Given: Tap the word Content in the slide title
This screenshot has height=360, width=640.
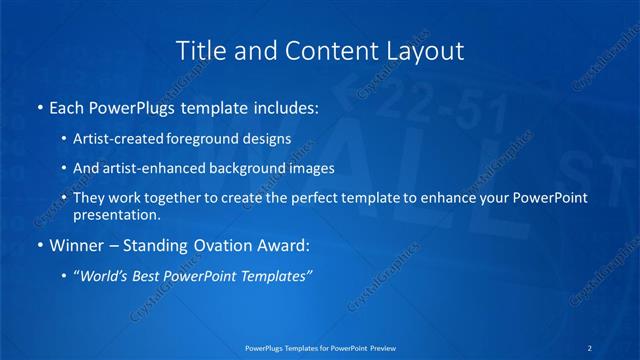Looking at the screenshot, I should (321, 49).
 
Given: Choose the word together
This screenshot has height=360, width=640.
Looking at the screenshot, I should (172, 198).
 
